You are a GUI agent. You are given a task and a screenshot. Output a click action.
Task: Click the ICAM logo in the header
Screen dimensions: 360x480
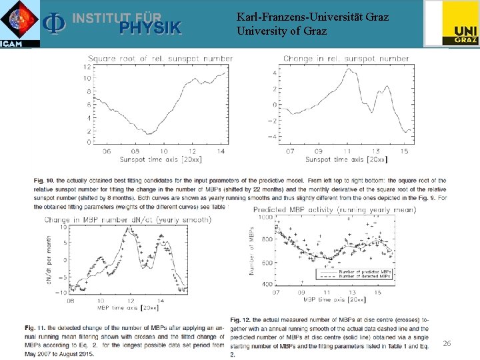pyautogui.click(x=20, y=24)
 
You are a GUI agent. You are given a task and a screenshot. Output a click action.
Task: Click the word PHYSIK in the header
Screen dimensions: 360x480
pyautogui.click(x=150, y=27)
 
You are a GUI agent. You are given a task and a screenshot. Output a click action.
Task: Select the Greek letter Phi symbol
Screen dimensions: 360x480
pyautogui.click(x=53, y=23)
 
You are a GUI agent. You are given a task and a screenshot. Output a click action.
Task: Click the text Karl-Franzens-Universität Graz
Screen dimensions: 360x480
pyautogui.click(x=312, y=17)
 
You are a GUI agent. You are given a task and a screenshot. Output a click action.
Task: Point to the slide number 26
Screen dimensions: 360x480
pyautogui.click(x=447, y=343)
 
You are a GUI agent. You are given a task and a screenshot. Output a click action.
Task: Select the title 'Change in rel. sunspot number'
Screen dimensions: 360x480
pyautogui.click(x=346, y=59)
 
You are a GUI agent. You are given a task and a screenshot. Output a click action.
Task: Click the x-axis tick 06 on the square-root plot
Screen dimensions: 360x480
pyautogui.click(x=107, y=151)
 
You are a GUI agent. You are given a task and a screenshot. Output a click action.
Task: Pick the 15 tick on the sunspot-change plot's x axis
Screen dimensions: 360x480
pyautogui.click(x=404, y=151)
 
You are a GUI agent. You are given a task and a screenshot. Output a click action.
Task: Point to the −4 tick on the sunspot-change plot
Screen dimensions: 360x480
pyautogui.click(x=273, y=137)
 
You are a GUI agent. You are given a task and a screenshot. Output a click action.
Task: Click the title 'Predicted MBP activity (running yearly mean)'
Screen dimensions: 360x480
pyautogui.click(x=334, y=210)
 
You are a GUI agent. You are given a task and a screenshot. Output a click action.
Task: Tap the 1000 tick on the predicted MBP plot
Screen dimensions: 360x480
pyautogui.click(x=265, y=217)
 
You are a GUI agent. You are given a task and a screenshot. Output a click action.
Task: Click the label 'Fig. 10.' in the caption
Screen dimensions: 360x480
pyautogui.click(x=43, y=181)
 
